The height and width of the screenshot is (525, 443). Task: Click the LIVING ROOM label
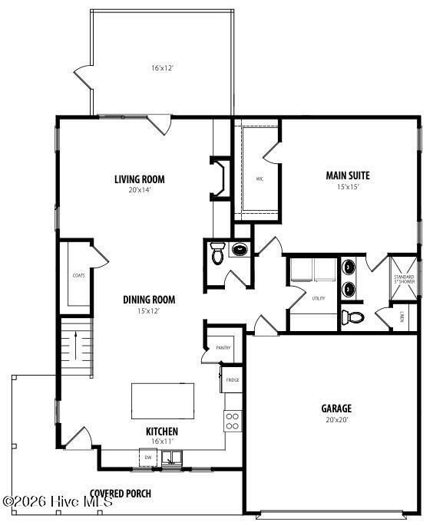tap(140, 180)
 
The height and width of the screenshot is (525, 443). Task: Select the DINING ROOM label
tap(150, 300)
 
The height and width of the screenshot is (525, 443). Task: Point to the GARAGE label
tap(336, 408)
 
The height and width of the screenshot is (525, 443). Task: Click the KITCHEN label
tap(162, 431)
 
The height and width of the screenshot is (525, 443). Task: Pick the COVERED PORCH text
tap(121, 493)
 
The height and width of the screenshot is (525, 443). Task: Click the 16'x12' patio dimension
tap(162, 68)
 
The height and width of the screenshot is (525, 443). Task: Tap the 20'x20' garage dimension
tap(336, 419)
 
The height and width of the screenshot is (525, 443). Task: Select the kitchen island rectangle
tap(164, 399)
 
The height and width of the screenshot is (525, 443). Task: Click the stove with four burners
tap(232, 420)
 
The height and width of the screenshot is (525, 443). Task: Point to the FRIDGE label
tap(232, 379)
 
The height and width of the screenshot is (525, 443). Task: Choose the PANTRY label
tap(223, 348)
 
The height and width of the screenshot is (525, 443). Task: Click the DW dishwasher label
tap(148, 458)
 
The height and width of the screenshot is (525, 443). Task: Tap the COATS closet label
tap(78, 275)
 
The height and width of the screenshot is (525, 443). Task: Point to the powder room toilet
tap(217, 254)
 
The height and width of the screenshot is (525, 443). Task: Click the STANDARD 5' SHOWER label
tap(404, 279)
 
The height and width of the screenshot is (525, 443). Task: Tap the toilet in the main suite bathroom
tap(353, 317)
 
